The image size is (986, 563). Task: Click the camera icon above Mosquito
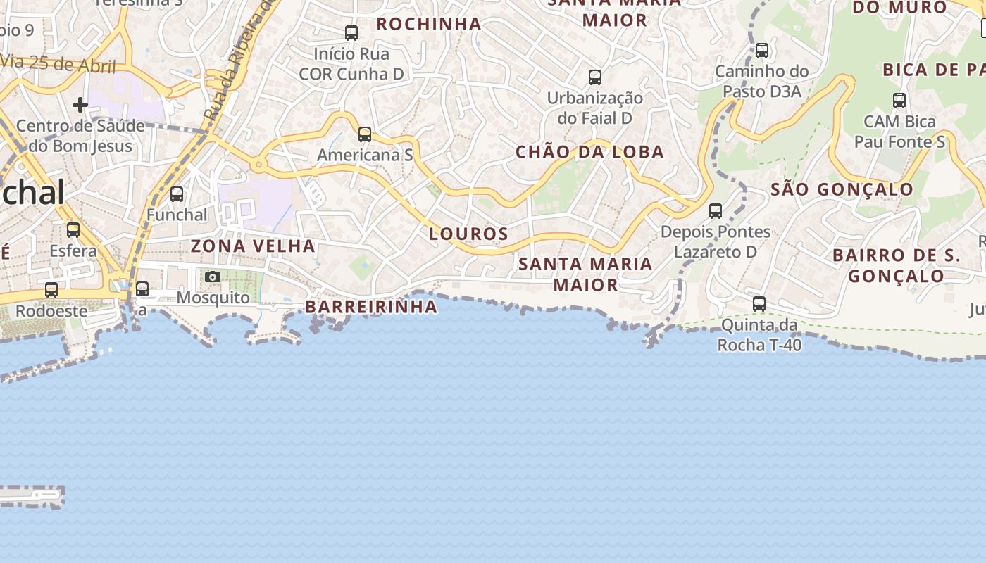pyautogui.click(x=213, y=277)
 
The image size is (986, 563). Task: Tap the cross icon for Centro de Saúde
pyautogui.click(x=80, y=105)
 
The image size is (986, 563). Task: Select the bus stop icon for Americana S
pyautogui.click(x=364, y=134)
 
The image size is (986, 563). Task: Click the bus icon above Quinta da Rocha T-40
pyautogui.click(x=759, y=304)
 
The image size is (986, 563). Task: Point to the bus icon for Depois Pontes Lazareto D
pyautogui.click(x=716, y=210)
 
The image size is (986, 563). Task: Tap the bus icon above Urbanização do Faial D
pyautogui.click(x=595, y=77)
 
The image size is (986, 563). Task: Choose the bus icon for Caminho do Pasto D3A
pyautogui.click(x=762, y=50)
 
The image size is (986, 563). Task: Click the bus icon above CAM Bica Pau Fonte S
pyautogui.click(x=899, y=100)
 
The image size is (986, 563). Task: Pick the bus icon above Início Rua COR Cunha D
pyautogui.click(x=351, y=32)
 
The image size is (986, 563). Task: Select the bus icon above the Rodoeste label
pyautogui.click(x=51, y=289)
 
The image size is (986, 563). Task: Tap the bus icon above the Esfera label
pyautogui.click(x=73, y=229)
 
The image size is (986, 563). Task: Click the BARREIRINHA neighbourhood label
pyautogui.click(x=371, y=307)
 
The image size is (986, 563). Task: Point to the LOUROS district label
pyautogui.click(x=468, y=234)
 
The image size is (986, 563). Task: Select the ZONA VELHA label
pyautogui.click(x=253, y=246)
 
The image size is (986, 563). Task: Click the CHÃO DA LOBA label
pyautogui.click(x=589, y=152)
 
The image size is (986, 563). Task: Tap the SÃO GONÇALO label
pyautogui.click(x=842, y=189)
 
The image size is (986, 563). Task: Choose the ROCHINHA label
pyautogui.click(x=429, y=24)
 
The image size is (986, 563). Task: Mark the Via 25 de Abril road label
pyautogui.click(x=59, y=65)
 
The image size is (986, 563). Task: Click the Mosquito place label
pyautogui.click(x=213, y=298)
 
